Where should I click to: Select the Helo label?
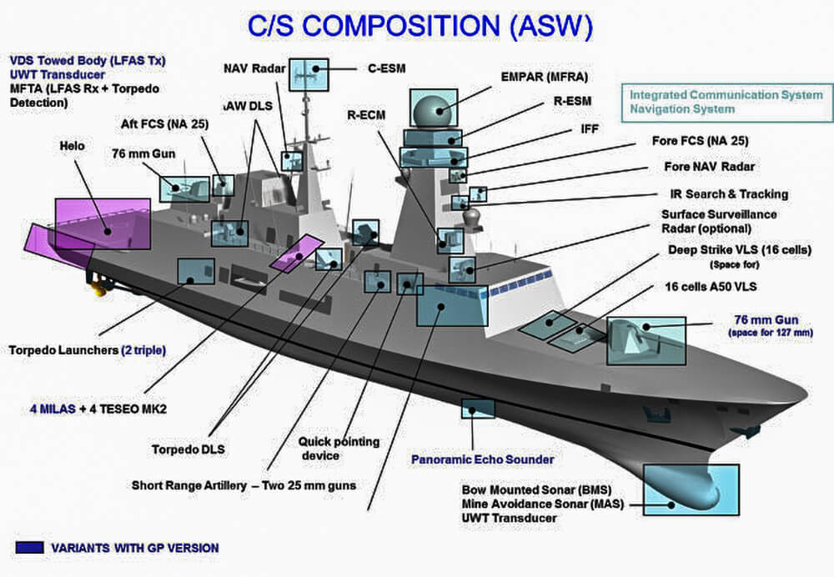point(73,146)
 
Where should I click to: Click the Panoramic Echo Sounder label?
point(482,459)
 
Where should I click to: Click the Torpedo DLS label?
point(188,449)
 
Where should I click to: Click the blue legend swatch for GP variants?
point(29,548)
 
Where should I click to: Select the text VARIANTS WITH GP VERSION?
point(135,548)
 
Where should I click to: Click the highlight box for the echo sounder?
point(478,408)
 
